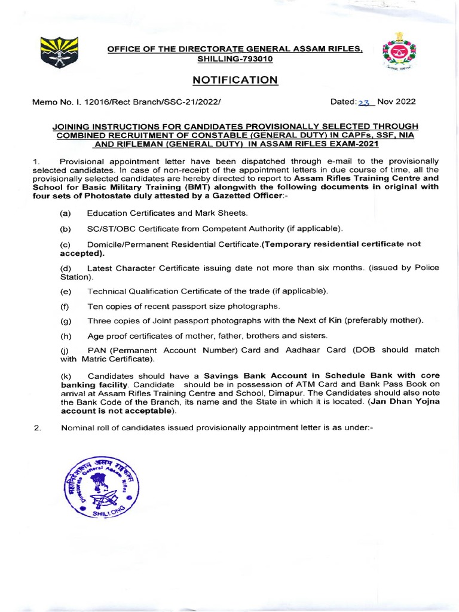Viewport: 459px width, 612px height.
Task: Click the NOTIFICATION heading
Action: (x=235, y=80)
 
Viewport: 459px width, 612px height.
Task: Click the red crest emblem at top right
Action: (x=395, y=53)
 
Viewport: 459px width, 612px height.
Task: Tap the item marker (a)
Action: (x=65, y=213)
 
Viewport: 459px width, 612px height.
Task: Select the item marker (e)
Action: (x=65, y=291)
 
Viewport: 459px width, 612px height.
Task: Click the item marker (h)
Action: (x=65, y=336)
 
